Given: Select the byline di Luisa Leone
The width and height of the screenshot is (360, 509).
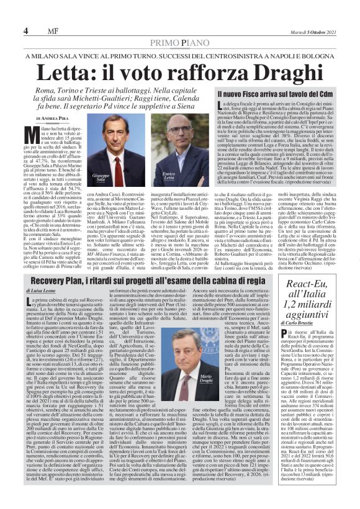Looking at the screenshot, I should coord(41,291).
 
